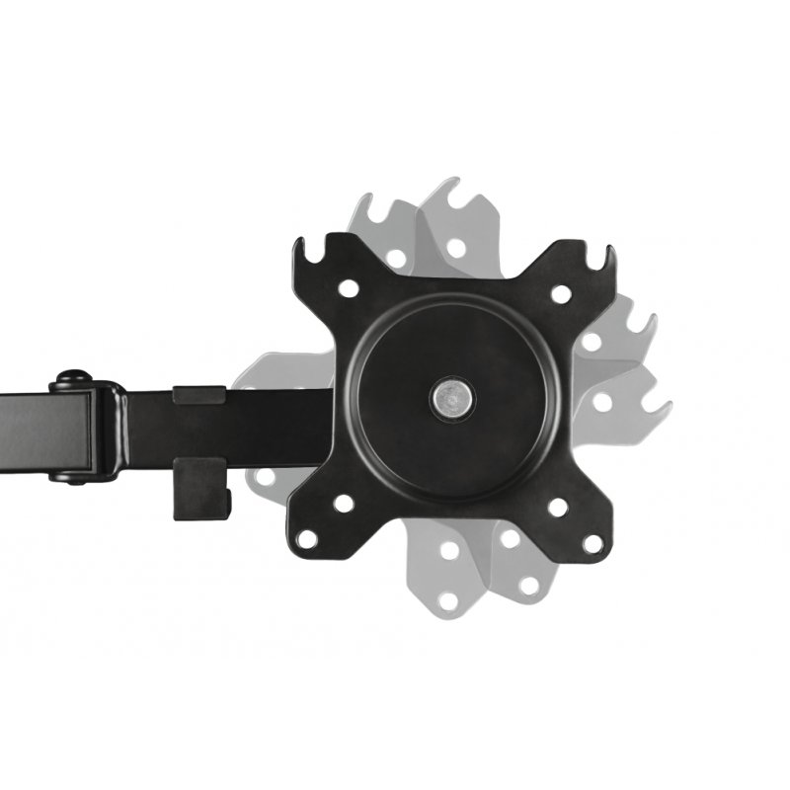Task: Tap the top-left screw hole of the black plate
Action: pyautogui.click(x=348, y=289)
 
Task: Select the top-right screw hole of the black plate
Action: pyautogui.click(x=560, y=293)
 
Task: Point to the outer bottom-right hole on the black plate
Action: pyautogui.click(x=592, y=542)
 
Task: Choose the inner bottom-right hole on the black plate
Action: pyautogui.click(x=557, y=507)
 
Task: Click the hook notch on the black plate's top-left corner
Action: pyautogui.click(x=315, y=259)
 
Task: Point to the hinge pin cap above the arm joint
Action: pyautogui.click(x=70, y=378)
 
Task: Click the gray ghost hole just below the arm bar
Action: pyautogui.click(x=264, y=477)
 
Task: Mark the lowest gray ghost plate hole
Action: pyautogui.click(x=449, y=598)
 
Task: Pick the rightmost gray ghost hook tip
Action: pyautogui.click(x=664, y=405)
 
